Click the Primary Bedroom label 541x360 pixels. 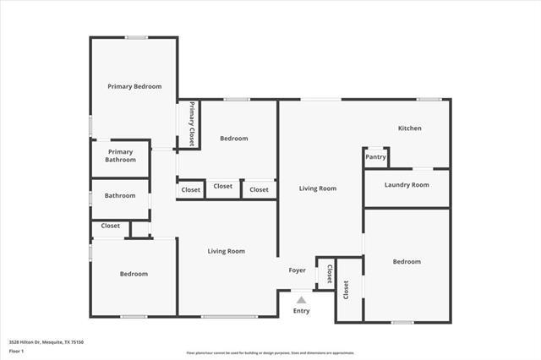[x=134, y=86]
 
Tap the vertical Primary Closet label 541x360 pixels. [x=192, y=123]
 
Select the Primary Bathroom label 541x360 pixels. [x=120, y=155]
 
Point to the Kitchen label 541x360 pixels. [x=410, y=128]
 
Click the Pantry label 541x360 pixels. [x=375, y=157]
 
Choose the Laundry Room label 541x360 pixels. [x=407, y=184]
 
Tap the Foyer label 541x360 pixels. [x=297, y=270]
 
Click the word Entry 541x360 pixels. [x=301, y=311]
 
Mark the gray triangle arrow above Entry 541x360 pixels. [x=301, y=299]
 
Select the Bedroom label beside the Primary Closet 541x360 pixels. [x=233, y=139]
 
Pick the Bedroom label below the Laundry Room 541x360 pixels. [x=406, y=262]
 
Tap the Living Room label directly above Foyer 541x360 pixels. [x=318, y=188]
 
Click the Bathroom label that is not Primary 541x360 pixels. [x=119, y=196]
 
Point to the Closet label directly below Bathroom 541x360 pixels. [x=110, y=226]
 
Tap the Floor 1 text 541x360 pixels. [x=16, y=350]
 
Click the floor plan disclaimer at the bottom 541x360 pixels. [x=270, y=353]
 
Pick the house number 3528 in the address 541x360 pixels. [x=14, y=342]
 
